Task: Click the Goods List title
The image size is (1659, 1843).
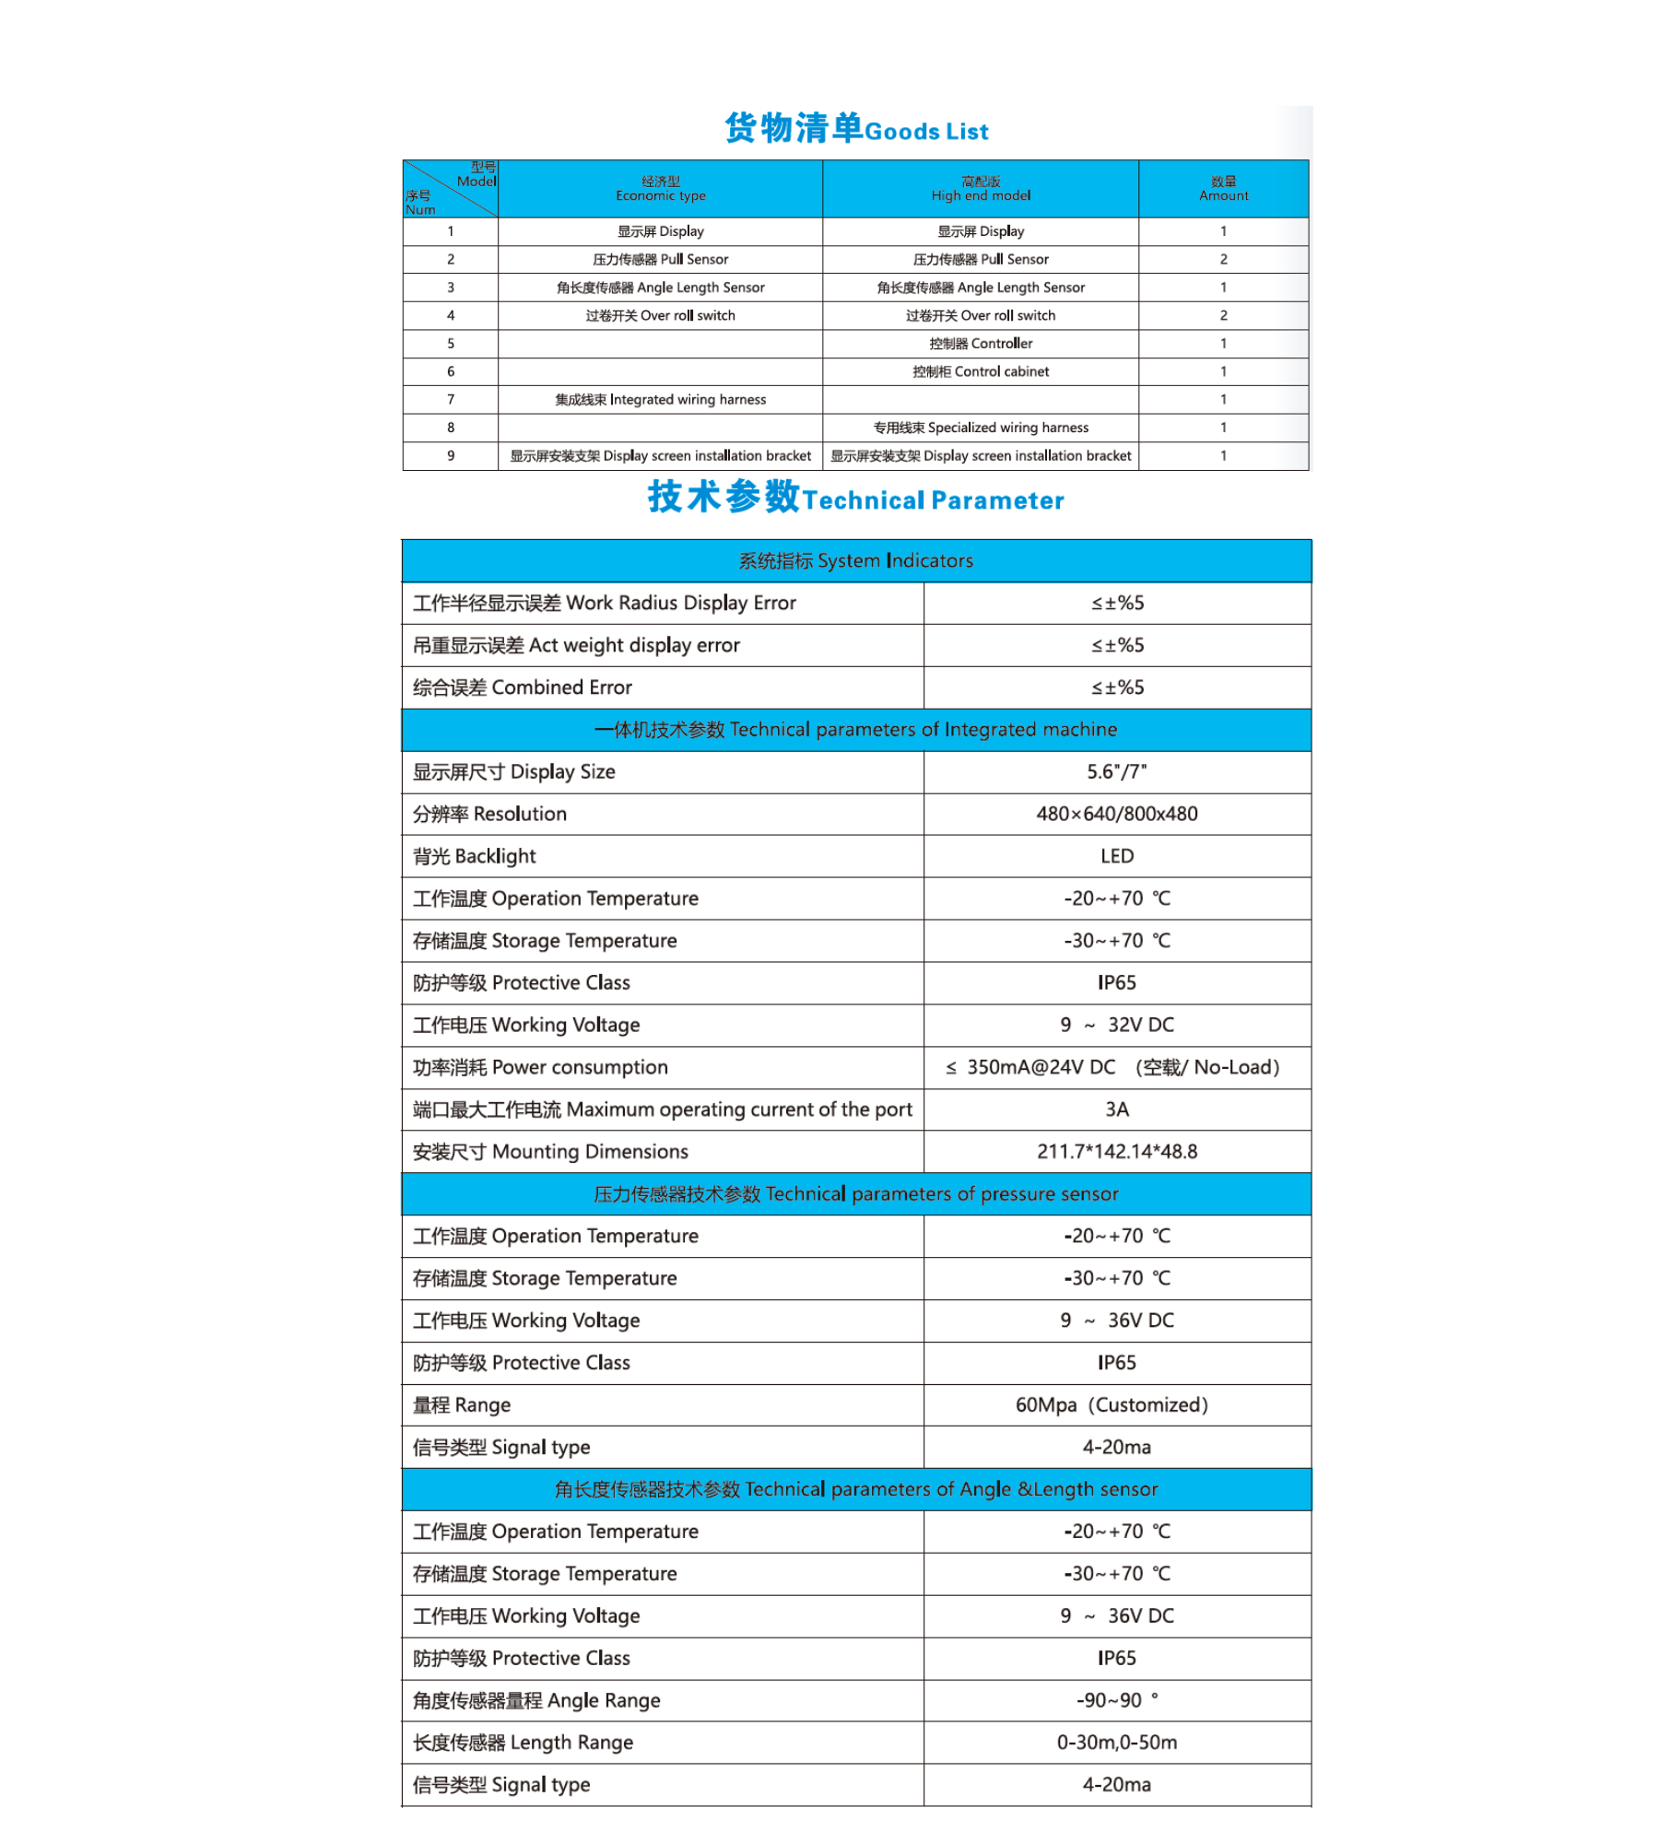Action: click(856, 129)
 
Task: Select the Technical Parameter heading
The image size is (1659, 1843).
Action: click(856, 498)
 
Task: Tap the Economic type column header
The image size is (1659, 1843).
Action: click(660, 189)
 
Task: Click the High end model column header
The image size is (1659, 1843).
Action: click(980, 189)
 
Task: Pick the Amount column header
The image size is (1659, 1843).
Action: click(1223, 189)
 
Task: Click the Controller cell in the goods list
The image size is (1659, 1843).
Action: click(980, 344)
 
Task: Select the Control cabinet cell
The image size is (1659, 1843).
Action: click(980, 371)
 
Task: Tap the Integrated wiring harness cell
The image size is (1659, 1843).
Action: click(660, 400)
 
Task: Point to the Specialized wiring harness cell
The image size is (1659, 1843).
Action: click(980, 428)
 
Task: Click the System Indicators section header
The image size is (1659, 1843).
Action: click(856, 560)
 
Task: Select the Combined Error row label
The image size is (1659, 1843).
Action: click(523, 687)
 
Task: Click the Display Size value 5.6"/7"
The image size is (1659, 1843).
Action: click(1116, 772)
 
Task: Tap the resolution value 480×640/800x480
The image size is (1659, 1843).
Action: click(1116, 814)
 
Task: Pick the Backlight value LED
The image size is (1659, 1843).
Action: click(1116, 856)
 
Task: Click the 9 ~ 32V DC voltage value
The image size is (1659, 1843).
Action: click(1116, 1025)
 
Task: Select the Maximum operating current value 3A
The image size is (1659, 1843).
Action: click(1116, 1109)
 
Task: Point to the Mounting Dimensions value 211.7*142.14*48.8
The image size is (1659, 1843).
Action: click(1116, 1152)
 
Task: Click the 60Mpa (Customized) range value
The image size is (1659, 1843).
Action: click(1111, 1405)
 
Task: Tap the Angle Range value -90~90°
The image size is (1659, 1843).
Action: click(1116, 1700)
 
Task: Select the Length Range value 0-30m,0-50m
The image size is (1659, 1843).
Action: click(1116, 1743)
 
